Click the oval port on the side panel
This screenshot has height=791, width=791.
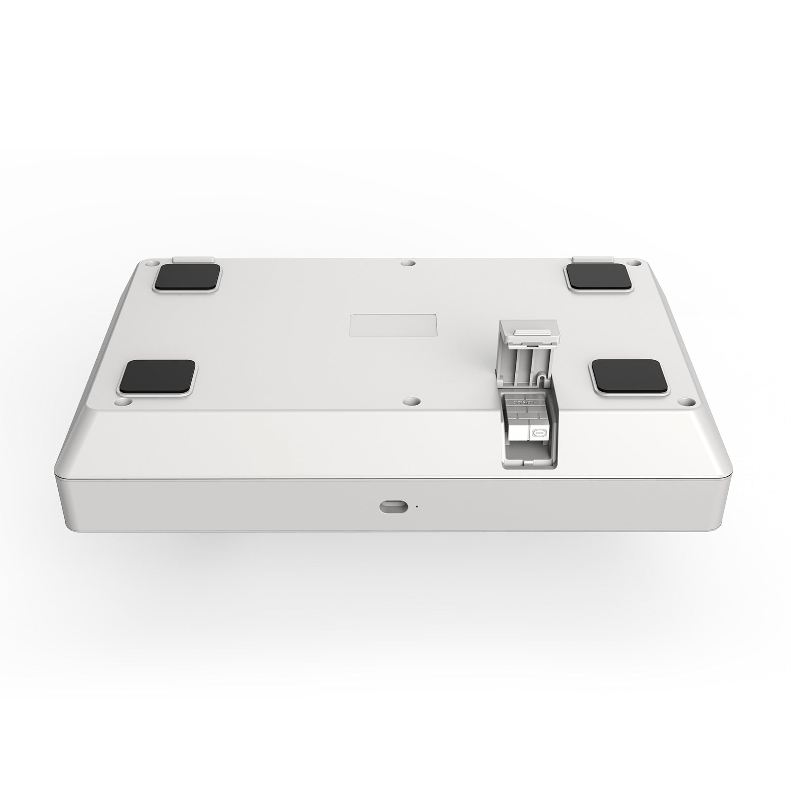[x=394, y=507]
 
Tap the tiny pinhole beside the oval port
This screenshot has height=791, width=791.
[x=416, y=506]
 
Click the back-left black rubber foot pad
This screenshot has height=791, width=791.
[x=187, y=277]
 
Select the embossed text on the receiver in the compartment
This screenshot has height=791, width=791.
[x=525, y=408]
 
